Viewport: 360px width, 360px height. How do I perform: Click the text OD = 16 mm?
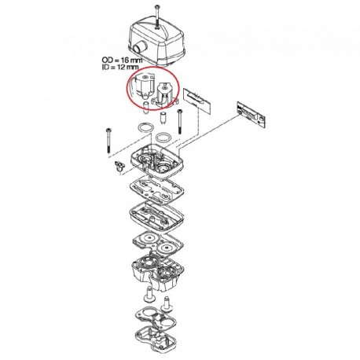[x=122, y=60]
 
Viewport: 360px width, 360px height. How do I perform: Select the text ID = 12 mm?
[x=120, y=67]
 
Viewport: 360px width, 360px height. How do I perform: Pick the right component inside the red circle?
[x=164, y=94]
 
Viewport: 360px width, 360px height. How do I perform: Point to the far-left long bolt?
[x=108, y=141]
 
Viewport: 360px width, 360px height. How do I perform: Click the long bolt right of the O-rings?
[x=179, y=121]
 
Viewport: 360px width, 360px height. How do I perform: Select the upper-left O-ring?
[x=145, y=128]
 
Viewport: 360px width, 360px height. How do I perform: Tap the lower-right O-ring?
[x=163, y=137]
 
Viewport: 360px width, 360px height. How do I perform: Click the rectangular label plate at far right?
[x=252, y=114]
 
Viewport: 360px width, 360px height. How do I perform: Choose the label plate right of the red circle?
[x=197, y=101]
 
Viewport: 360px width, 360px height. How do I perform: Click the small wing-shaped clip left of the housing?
[x=119, y=167]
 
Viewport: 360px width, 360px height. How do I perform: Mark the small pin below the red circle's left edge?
[x=146, y=108]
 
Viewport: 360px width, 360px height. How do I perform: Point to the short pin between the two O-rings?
[x=163, y=119]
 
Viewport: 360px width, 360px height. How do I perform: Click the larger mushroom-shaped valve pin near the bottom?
[x=149, y=295]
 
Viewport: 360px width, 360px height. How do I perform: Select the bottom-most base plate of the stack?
[x=156, y=339]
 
